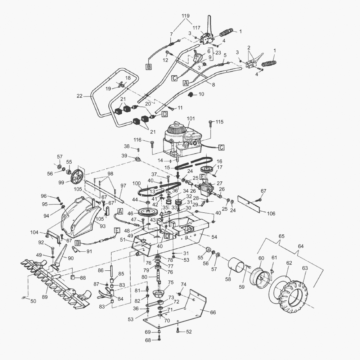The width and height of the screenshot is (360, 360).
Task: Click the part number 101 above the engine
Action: click(x=190, y=118)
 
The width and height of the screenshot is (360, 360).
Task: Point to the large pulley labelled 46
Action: click(x=147, y=211)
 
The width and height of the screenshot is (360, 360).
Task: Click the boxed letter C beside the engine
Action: click(x=221, y=147)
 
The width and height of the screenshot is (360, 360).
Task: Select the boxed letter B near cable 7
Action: click(x=149, y=67)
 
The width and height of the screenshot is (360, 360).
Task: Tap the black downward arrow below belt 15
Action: click(x=178, y=175)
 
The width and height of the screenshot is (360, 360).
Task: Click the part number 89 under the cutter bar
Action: click(x=45, y=297)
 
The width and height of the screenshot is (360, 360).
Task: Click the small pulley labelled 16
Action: click(x=207, y=170)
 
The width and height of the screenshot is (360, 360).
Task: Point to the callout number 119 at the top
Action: click(x=185, y=16)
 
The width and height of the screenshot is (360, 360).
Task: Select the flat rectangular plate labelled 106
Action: click(x=249, y=204)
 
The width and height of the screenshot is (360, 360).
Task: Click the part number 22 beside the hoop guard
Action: click(x=80, y=96)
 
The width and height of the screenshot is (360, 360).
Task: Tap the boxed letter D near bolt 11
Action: click(x=165, y=114)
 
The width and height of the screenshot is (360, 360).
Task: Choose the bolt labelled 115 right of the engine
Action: click(x=211, y=123)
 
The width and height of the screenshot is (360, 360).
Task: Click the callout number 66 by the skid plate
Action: click(x=213, y=312)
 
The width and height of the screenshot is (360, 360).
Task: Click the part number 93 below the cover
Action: click(x=102, y=226)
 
